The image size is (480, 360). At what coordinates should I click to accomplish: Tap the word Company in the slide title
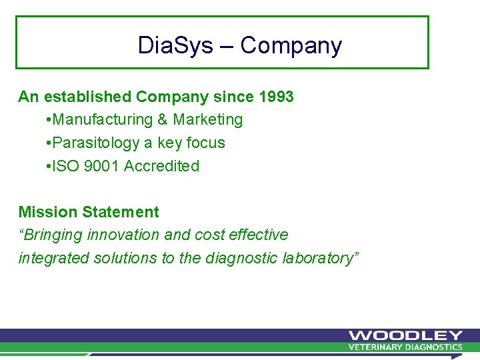click(x=291, y=45)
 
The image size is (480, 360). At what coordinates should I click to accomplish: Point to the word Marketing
click(x=208, y=120)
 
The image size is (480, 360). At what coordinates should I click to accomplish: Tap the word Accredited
click(x=161, y=166)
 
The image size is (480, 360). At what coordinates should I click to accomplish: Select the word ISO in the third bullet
click(x=65, y=166)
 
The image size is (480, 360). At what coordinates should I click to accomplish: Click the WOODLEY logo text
click(x=405, y=335)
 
